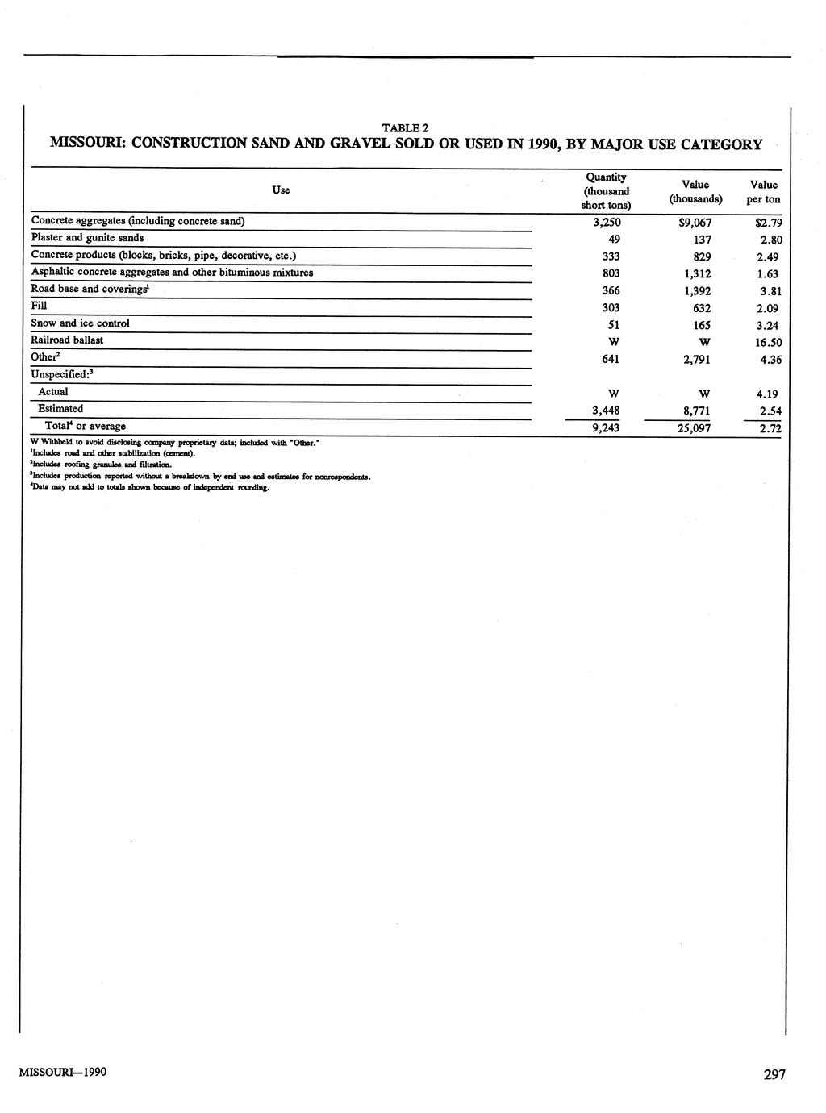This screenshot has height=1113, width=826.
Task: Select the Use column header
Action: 281,190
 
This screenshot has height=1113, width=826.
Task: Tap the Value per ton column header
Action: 763,192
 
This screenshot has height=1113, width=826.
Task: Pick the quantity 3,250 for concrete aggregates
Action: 606,222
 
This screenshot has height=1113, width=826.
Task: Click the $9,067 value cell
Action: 695,223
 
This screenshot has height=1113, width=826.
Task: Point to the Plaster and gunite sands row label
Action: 87,238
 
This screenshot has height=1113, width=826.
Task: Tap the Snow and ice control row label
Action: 80,323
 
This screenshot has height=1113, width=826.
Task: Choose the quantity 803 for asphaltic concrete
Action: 611,273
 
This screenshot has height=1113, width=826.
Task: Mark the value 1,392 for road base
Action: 696,291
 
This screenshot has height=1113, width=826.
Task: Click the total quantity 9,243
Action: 606,428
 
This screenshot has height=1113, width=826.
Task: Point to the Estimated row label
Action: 60,409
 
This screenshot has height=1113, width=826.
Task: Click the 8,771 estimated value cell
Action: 696,411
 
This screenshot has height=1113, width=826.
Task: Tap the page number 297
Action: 774,1074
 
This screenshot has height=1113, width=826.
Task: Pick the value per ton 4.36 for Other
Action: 770,360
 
